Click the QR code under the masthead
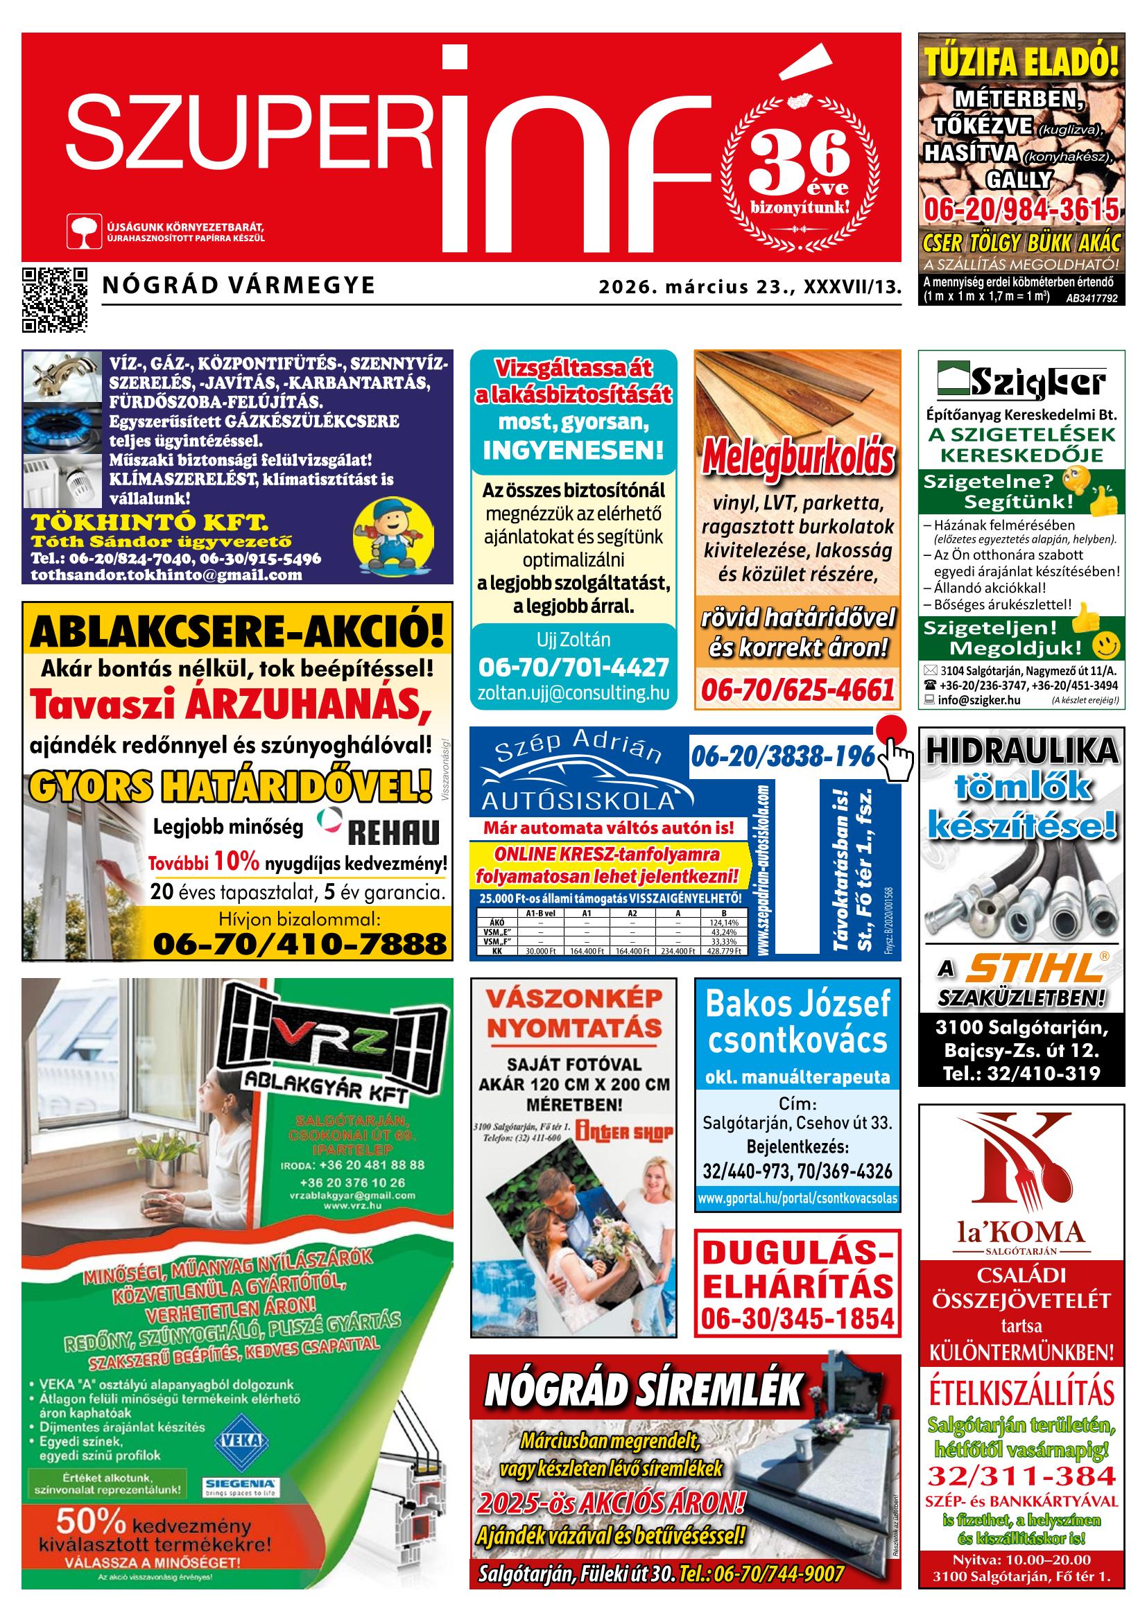point(55,299)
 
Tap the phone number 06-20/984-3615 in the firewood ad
point(1021,210)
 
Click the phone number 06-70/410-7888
point(300,943)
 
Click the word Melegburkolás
point(797,459)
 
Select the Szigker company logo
point(1021,381)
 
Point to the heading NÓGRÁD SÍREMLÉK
point(644,1390)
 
